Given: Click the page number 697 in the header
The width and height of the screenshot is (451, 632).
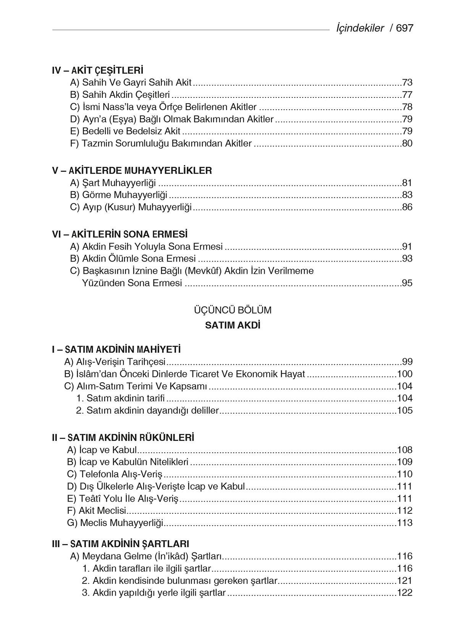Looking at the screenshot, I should pyautogui.click(x=405, y=28).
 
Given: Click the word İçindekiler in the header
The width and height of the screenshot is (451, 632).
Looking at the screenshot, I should pyautogui.click(x=360, y=28).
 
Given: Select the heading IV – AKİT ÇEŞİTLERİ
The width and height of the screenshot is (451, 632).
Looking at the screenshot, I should pyautogui.click(x=98, y=70).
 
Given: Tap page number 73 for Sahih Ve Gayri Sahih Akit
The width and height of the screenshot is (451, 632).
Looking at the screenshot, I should pyautogui.click(x=407, y=83).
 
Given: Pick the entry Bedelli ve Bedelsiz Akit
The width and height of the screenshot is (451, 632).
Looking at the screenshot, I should pyautogui.click(x=125, y=131).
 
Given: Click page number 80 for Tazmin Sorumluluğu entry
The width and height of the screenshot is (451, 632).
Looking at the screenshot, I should pyautogui.click(x=407, y=144).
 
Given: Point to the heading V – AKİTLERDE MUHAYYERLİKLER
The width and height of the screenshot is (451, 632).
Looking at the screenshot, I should pyautogui.click(x=132, y=171).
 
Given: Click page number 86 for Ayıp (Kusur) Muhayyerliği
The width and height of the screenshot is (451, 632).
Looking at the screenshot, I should pyautogui.click(x=407, y=208).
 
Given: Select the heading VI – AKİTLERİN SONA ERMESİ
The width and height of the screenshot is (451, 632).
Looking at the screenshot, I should pyautogui.click(x=120, y=234).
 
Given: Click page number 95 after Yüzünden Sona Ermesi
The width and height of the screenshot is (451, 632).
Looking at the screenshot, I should pyautogui.click(x=407, y=283).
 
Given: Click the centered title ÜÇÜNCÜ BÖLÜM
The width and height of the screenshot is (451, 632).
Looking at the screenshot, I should pyautogui.click(x=233, y=310).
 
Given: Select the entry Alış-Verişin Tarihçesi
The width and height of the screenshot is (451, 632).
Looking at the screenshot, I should pyautogui.click(x=115, y=362).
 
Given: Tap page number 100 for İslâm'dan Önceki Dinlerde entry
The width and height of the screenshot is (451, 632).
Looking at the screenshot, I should pyautogui.click(x=405, y=374).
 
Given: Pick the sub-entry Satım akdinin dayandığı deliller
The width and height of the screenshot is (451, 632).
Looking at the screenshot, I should pyautogui.click(x=147, y=411).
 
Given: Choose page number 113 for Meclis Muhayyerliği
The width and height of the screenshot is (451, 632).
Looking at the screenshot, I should pyautogui.click(x=405, y=523).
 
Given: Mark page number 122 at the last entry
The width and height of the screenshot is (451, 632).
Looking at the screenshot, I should pyautogui.click(x=405, y=593).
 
